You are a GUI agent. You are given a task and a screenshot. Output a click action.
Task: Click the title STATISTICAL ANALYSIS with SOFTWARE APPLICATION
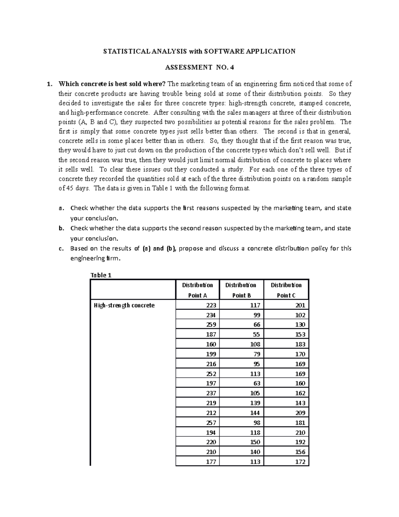(x=199, y=51)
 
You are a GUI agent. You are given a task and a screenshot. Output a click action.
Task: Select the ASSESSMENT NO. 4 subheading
(x=199, y=68)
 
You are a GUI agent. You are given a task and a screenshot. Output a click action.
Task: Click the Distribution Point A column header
(x=198, y=290)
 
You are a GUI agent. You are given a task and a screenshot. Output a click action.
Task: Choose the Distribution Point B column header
(x=241, y=290)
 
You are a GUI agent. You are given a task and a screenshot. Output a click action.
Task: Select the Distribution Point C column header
(x=286, y=290)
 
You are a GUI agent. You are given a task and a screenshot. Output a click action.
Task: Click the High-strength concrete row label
(x=124, y=305)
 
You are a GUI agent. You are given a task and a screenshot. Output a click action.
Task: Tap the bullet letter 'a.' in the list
(x=60, y=208)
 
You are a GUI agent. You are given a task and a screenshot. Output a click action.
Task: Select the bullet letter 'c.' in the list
(x=60, y=248)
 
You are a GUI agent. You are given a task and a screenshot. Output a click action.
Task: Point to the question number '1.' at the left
(x=50, y=84)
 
